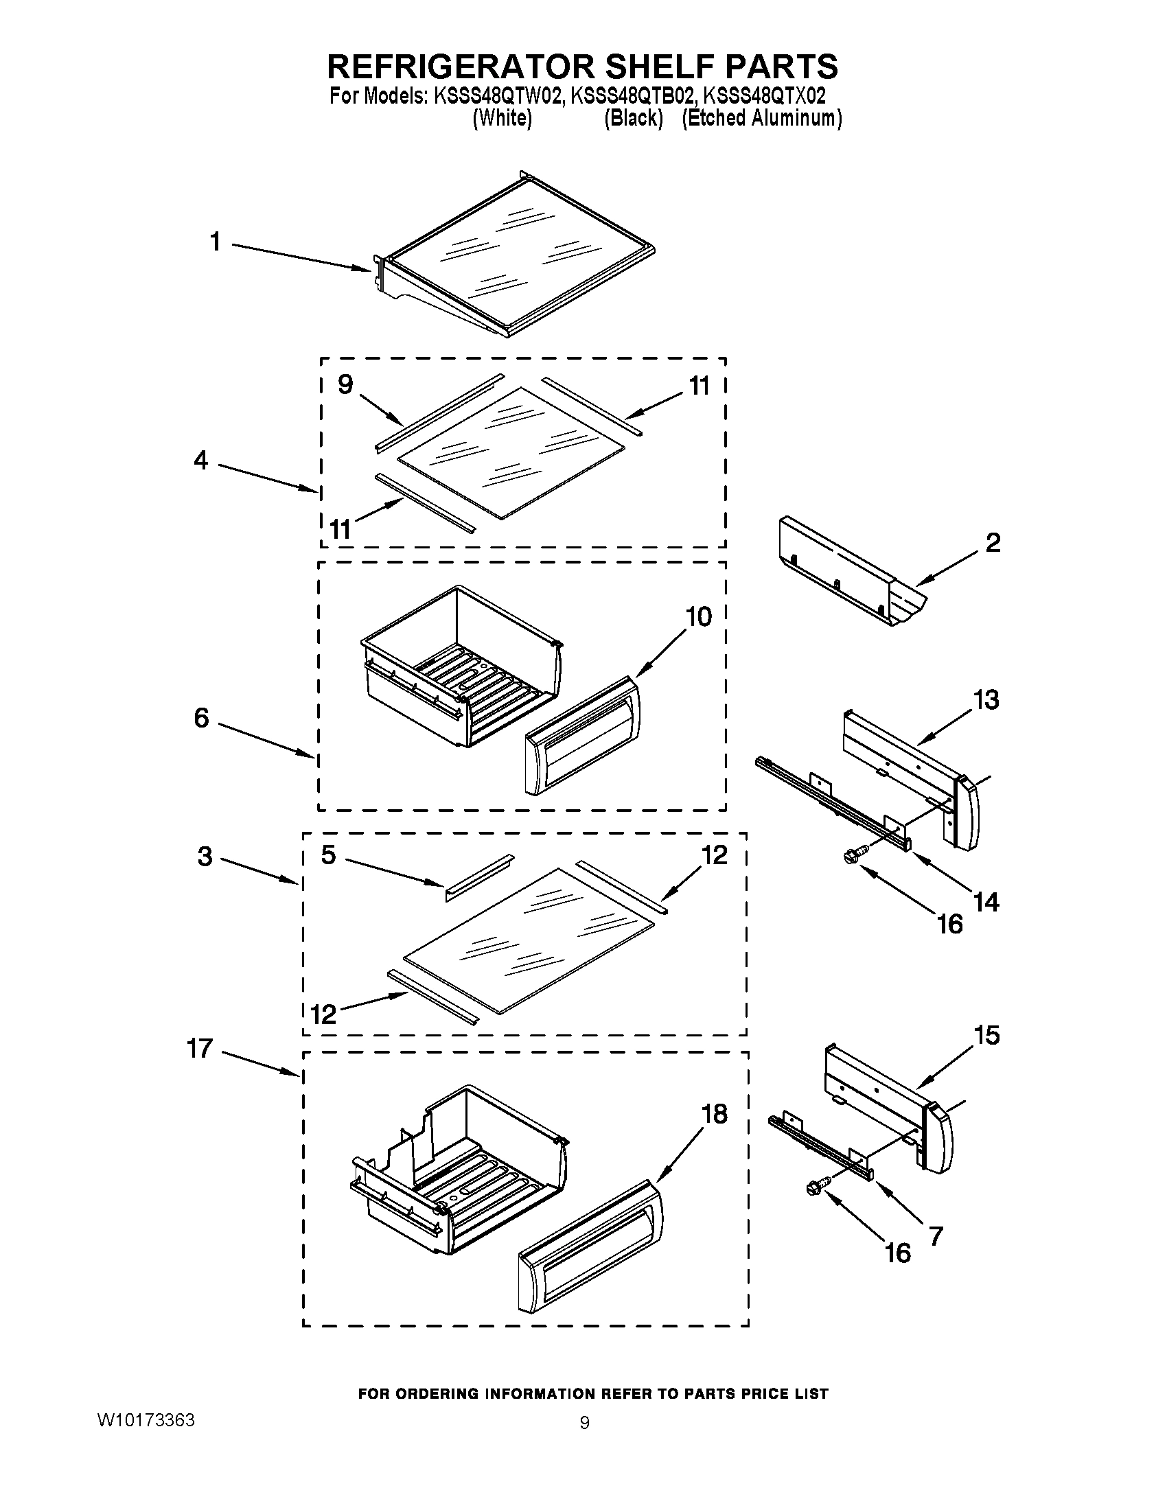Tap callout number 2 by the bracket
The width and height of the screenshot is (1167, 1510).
(x=992, y=543)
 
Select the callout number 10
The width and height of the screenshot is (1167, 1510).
(x=699, y=617)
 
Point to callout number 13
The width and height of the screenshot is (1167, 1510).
(x=986, y=699)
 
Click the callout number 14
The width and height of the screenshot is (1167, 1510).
(x=985, y=902)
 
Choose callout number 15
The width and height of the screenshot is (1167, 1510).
(x=986, y=1035)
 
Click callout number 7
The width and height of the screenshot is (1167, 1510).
(x=936, y=1236)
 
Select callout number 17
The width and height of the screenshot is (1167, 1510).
(x=200, y=1049)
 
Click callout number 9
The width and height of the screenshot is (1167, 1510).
(x=345, y=384)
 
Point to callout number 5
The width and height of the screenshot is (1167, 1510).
(x=328, y=855)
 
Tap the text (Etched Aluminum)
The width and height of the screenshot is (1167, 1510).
(x=761, y=119)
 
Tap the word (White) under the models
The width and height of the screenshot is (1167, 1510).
(x=502, y=119)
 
